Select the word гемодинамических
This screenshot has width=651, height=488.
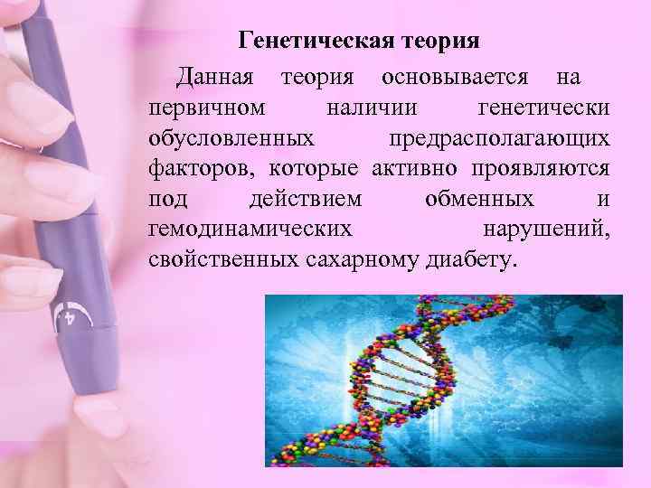point(250,230)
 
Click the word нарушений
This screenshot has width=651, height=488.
point(546,230)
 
